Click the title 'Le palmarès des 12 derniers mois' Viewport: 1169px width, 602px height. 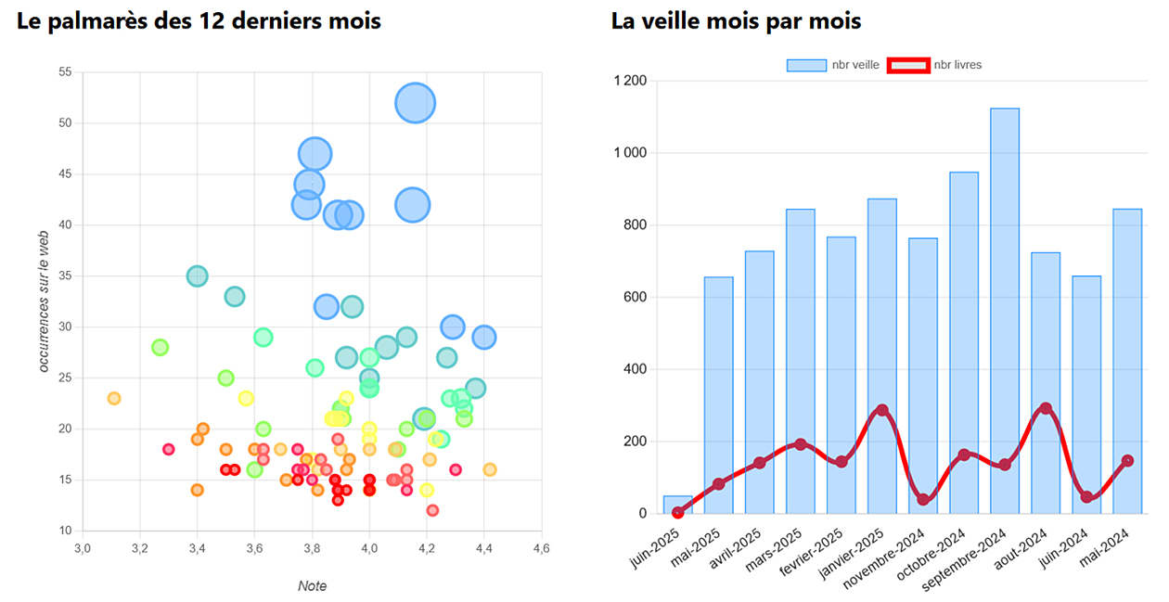[x=199, y=20]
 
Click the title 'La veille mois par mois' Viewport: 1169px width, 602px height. [x=736, y=20]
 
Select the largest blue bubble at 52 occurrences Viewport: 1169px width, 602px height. [x=416, y=102]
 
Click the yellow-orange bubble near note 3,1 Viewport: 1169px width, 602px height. [x=114, y=398]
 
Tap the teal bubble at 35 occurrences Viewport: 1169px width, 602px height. [x=197, y=275]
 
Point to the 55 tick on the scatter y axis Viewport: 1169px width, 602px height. [x=65, y=71]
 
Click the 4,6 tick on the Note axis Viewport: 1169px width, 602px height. [x=541, y=550]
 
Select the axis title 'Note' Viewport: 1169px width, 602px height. [x=312, y=586]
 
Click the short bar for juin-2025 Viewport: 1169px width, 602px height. [x=678, y=504]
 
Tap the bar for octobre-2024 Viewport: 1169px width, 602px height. [x=964, y=342]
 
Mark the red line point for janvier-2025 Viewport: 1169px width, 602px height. [x=882, y=410]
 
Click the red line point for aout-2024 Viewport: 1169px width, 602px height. [x=1046, y=408]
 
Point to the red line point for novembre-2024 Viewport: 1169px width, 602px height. [x=923, y=500]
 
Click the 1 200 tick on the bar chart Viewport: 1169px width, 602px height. [x=630, y=81]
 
